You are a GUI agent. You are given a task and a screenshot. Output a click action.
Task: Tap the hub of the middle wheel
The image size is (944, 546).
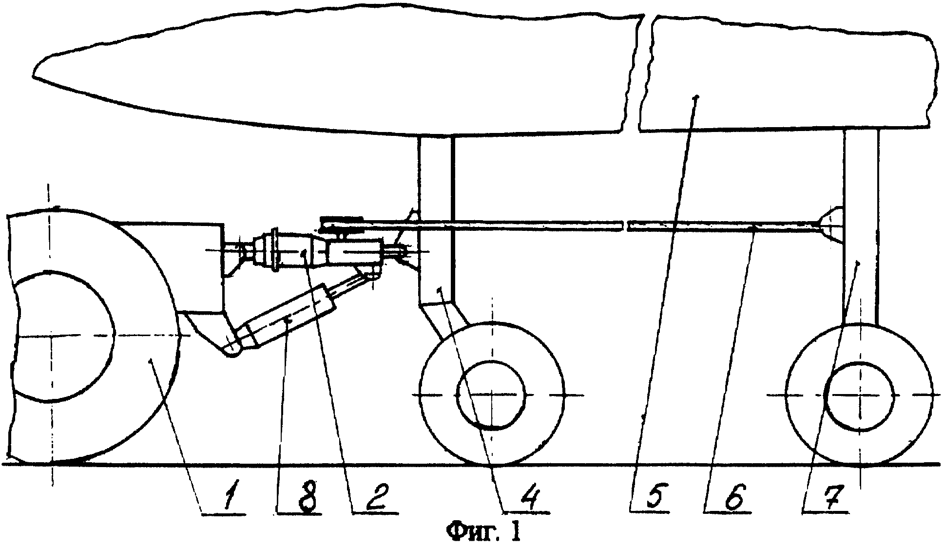(x=491, y=395)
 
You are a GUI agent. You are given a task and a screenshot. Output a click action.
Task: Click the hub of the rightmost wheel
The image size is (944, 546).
(x=859, y=395)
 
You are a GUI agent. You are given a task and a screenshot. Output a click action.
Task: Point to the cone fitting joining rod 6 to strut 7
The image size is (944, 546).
(x=831, y=224)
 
